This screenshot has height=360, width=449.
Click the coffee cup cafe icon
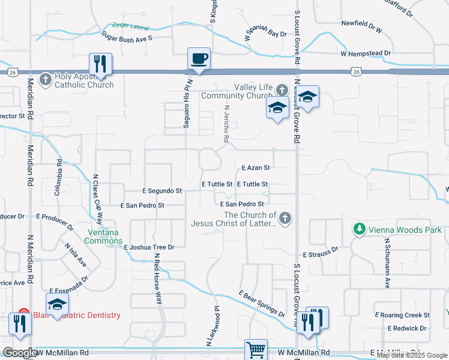coord(199,59)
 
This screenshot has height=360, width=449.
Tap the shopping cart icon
coord(256,350)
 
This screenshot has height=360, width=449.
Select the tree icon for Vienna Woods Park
coord(359,229)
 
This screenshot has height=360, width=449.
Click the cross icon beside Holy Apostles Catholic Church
coord(45,78)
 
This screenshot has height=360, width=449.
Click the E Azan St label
coord(256,168)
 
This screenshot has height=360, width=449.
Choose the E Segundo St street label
coord(162,191)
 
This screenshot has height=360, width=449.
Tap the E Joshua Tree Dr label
coord(149,247)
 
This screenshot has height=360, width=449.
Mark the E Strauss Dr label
coord(321,255)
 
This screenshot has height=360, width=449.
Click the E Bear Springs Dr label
coord(261,304)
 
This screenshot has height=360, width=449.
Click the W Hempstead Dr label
coord(366,53)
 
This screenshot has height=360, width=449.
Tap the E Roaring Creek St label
coord(402,315)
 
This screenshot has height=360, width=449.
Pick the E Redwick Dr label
coord(407,328)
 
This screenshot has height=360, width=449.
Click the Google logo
coord(20,353)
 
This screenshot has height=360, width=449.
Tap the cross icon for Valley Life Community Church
coord(282,90)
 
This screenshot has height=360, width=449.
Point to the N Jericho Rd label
coord(226,125)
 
